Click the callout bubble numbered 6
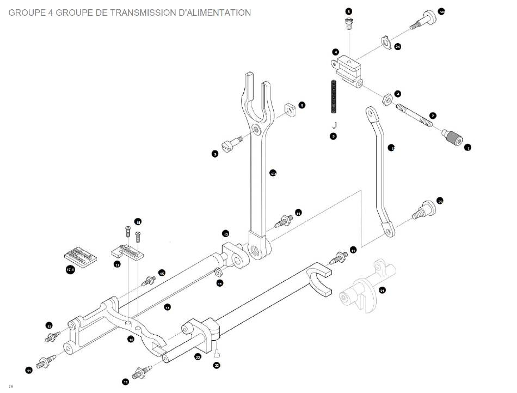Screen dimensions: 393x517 pyautogui.click(x=349, y=11)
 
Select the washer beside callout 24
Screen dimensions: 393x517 pyautogui.click(x=385, y=41)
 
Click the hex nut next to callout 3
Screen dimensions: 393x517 pyautogui.click(x=386, y=99)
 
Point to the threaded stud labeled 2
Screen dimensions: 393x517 pyautogui.click(x=415, y=116)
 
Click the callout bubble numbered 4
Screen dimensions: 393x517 pyautogui.click(x=336, y=52)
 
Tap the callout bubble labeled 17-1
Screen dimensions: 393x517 pyautogui.click(x=70, y=270)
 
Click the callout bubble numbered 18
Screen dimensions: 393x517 pyautogui.click(x=138, y=222)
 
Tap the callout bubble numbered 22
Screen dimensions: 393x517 pyautogui.click(x=198, y=357)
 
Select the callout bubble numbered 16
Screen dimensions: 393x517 pyautogui.click(x=131, y=339)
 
